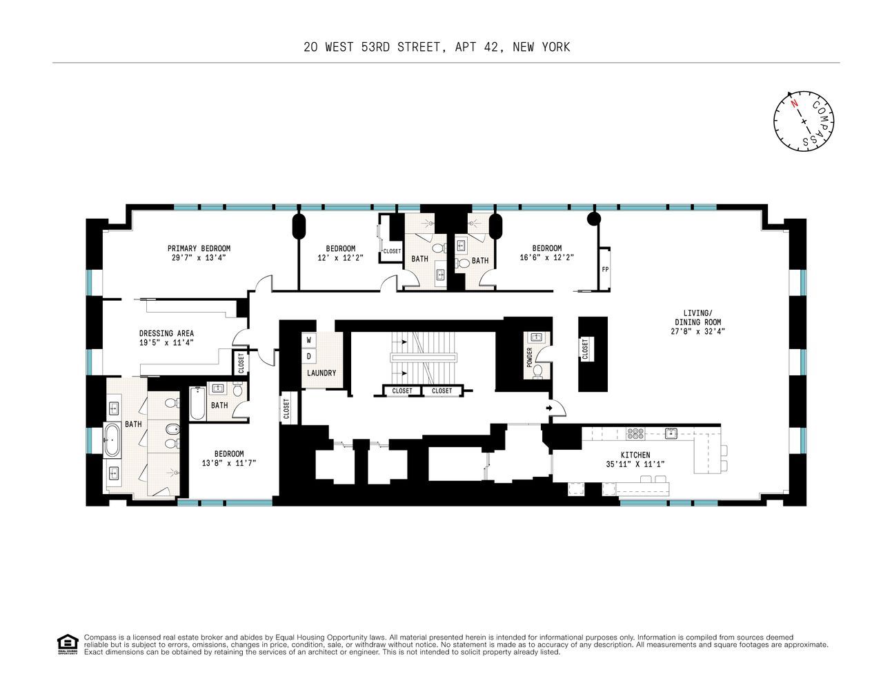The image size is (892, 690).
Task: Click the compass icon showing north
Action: click(x=804, y=121)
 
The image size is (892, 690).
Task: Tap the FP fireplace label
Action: click(x=605, y=270)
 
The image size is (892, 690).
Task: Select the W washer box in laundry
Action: click(x=309, y=340)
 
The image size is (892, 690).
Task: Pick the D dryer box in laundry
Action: click(x=309, y=356)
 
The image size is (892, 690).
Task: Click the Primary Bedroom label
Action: click(x=199, y=248)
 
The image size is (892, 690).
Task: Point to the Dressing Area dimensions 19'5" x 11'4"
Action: click(x=166, y=342)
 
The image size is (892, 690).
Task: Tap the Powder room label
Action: click(x=530, y=358)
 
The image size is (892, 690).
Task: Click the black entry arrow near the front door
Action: click(x=549, y=408)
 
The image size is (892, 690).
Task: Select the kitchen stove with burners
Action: click(x=635, y=433)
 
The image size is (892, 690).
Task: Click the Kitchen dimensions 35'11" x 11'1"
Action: click(x=635, y=464)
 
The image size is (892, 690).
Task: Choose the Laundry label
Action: click(x=321, y=373)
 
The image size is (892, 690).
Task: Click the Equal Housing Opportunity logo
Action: click(x=67, y=644)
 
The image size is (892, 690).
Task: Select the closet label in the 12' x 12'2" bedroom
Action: click(x=391, y=251)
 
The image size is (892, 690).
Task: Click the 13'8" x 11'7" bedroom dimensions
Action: click(x=228, y=462)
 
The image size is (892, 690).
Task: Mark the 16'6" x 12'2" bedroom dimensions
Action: click(x=546, y=257)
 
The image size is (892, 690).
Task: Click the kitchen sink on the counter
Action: click(x=670, y=433)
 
